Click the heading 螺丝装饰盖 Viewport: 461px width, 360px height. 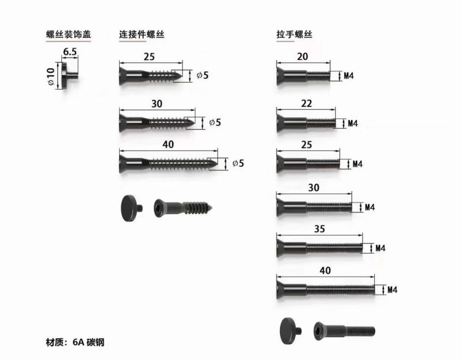coord(68,34)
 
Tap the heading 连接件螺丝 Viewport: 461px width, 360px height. coord(142,34)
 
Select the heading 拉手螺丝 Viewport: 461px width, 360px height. coord(294,34)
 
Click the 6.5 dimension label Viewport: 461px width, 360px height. coord(70,52)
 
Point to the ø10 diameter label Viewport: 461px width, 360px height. coord(51,76)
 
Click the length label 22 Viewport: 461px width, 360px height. coord(306,103)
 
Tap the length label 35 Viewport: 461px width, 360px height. coord(319,229)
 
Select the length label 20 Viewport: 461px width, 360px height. coord(303,56)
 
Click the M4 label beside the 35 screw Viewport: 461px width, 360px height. coord(380,248)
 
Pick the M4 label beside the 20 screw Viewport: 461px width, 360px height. coord(349,76)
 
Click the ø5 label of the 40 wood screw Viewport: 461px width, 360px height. coord(238,163)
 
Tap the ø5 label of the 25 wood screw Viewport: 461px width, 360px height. coord(203,75)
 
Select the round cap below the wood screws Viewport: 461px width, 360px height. coord(131,208)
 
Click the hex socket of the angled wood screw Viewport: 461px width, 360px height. coord(158,208)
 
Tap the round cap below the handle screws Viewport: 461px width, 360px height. coord(291,331)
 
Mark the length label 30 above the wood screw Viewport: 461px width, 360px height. coord(157,104)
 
